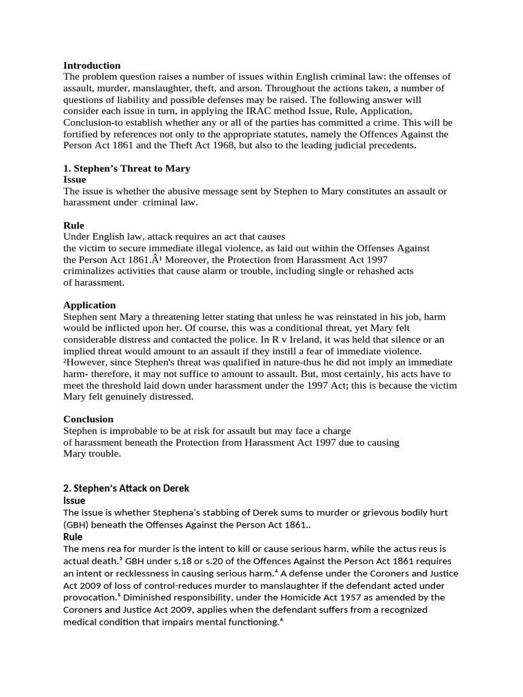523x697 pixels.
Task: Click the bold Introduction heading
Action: pyautogui.click(x=92, y=65)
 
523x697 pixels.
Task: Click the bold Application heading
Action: pyautogui.click(x=90, y=305)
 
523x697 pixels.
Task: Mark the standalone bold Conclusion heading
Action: pyautogui.click(x=89, y=419)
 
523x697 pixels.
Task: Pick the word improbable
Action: pyautogui.click(x=137, y=431)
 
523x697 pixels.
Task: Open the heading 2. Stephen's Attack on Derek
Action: pyautogui.click(x=126, y=488)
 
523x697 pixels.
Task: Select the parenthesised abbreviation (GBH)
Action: pyautogui.click(x=76, y=525)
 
